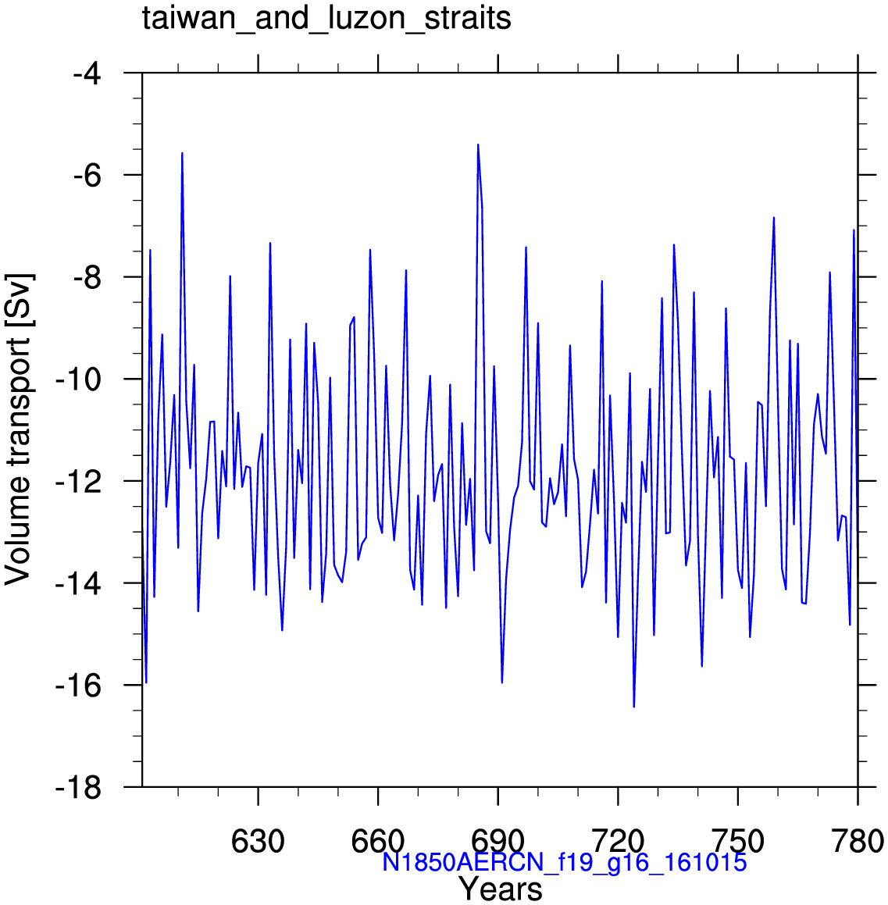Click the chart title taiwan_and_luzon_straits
(x=326, y=19)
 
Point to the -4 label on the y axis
(x=87, y=73)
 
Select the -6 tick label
(x=87, y=175)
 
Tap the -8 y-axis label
(x=87, y=277)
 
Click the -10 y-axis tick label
(x=79, y=379)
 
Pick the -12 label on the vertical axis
(x=79, y=481)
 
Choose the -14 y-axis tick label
(x=79, y=583)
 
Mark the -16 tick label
(x=79, y=685)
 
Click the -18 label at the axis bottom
(x=79, y=787)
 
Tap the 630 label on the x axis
(x=258, y=842)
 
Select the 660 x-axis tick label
(x=377, y=842)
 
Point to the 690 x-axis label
(x=497, y=842)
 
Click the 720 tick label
(x=618, y=842)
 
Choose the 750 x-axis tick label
(x=738, y=842)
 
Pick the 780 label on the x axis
(x=858, y=842)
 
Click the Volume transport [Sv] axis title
(x=18, y=429)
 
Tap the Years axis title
(x=501, y=889)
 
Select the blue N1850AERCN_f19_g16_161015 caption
(x=565, y=862)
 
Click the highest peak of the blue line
(x=478, y=144)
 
